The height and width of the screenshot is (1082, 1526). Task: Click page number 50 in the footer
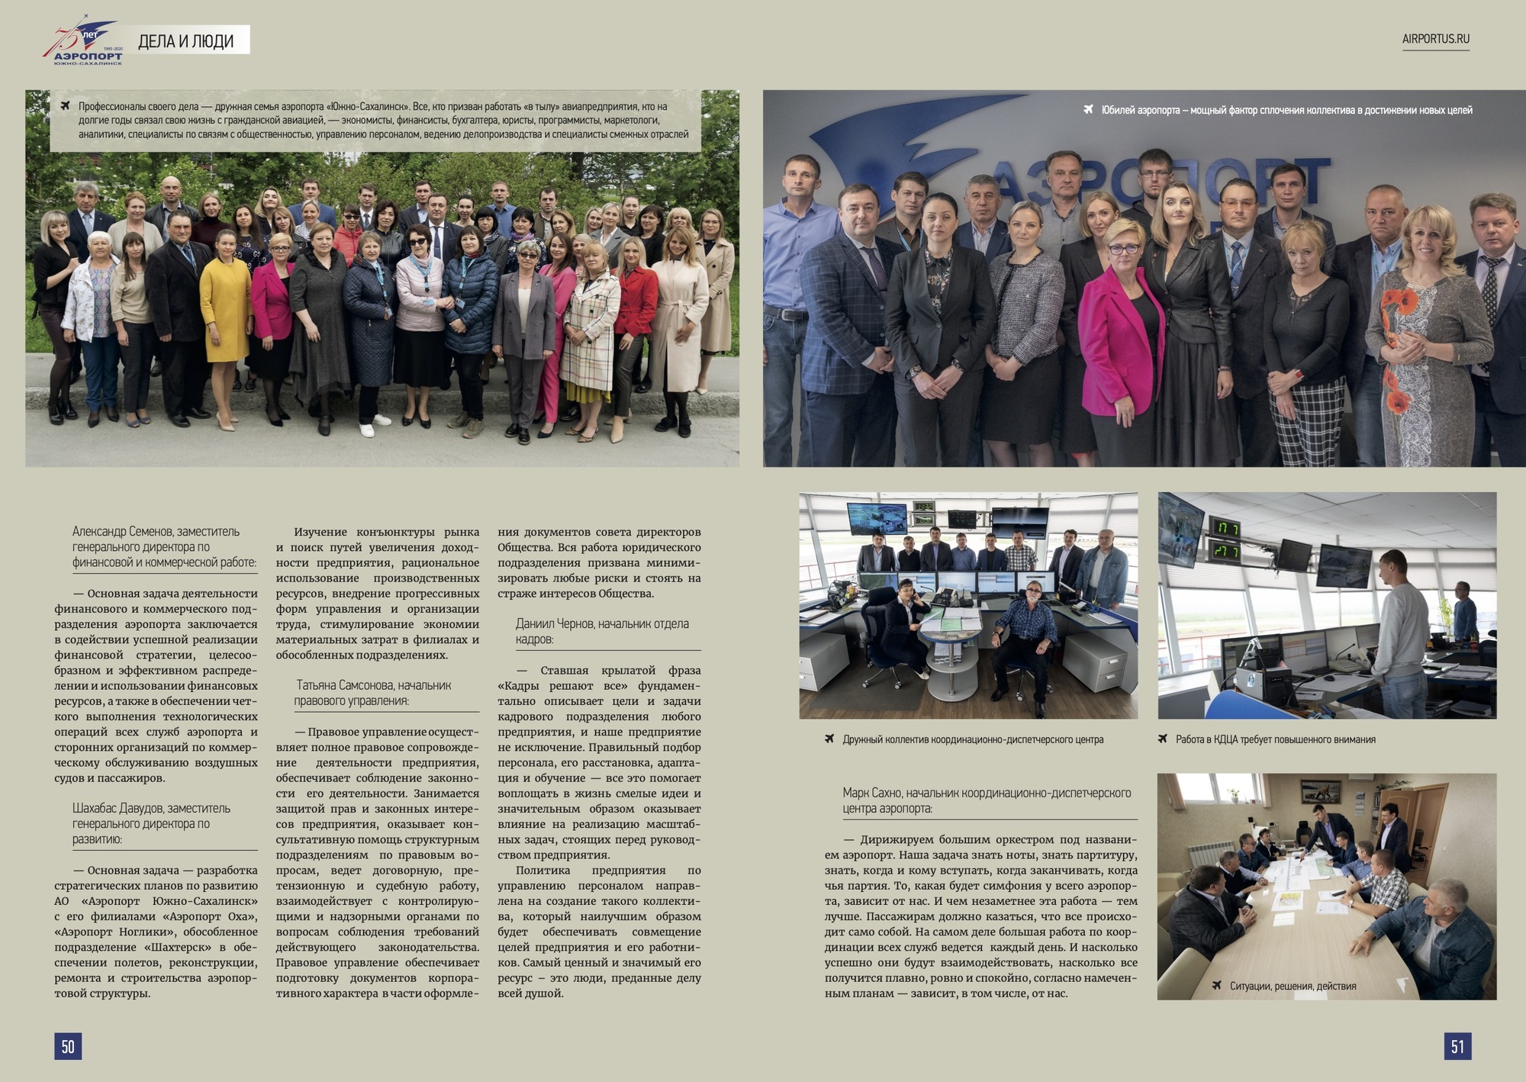click(x=68, y=1046)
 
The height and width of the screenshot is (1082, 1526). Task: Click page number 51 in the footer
click(x=1457, y=1046)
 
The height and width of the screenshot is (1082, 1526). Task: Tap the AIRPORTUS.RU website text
click(x=1435, y=39)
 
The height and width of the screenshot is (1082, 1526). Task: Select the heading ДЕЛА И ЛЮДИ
click(x=185, y=41)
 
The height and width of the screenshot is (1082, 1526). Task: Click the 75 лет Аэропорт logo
click(x=82, y=44)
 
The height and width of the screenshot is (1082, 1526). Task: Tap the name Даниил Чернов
click(x=554, y=624)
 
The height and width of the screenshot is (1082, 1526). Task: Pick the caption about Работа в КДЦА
click(x=1275, y=739)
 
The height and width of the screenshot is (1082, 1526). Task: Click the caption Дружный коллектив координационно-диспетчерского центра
click(x=972, y=739)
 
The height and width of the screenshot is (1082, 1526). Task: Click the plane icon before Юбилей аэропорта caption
click(x=1088, y=110)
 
